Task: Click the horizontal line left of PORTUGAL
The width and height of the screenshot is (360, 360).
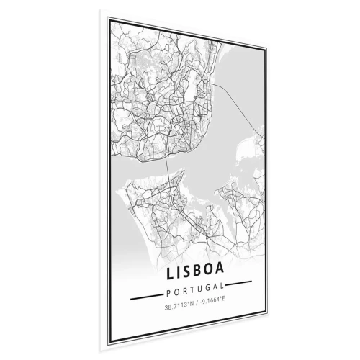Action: [x=144, y=295]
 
